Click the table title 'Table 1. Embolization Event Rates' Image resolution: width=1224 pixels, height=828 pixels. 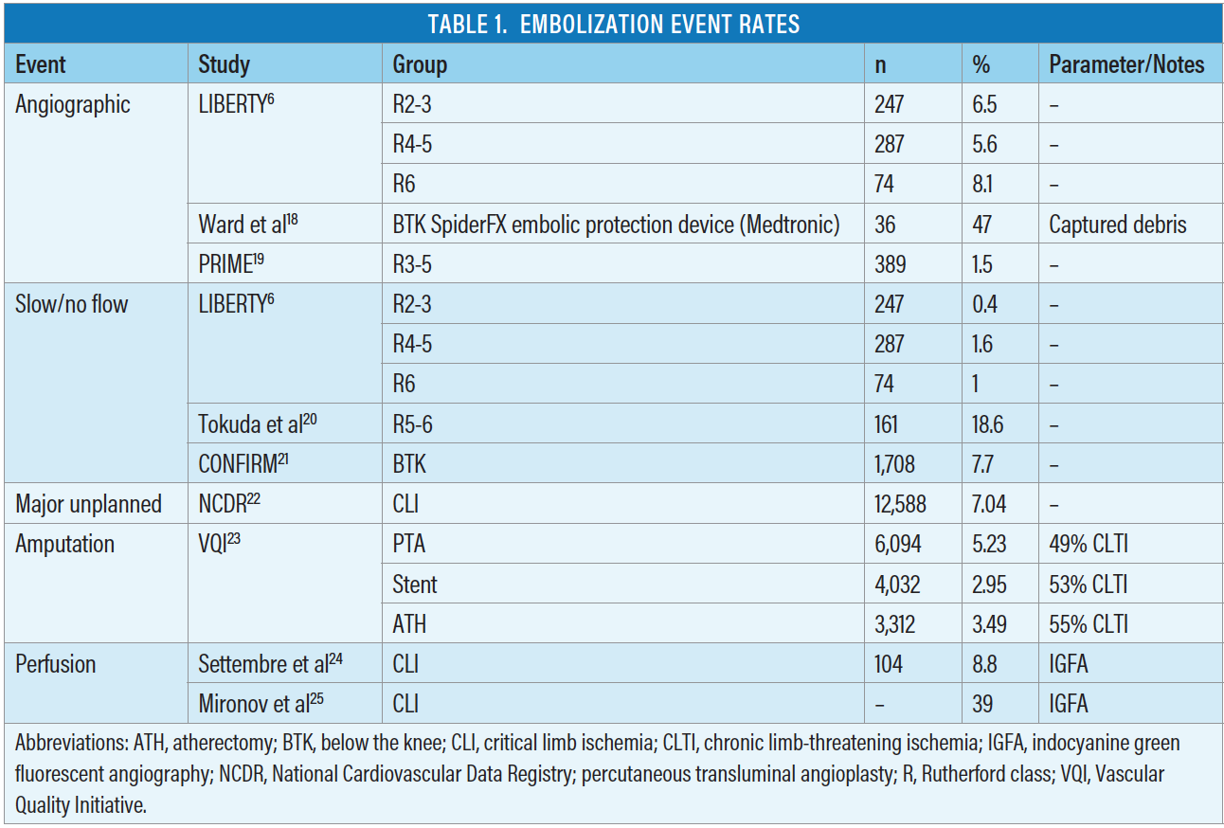(x=613, y=24)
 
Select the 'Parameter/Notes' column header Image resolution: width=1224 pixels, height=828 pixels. (x=1126, y=64)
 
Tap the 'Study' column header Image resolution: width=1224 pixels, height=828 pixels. (x=224, y=64)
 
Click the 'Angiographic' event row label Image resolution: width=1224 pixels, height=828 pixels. (x=73, y=104)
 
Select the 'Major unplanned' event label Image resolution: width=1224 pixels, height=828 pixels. (x=88, y=504)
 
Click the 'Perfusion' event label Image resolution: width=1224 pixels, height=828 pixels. (x=56, y=664)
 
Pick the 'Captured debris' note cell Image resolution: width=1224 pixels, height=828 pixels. (x=1116, y=225)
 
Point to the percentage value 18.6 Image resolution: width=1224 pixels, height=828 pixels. (x=987, y=424)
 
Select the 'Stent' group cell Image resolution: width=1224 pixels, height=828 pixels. (x=415, y=585)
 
